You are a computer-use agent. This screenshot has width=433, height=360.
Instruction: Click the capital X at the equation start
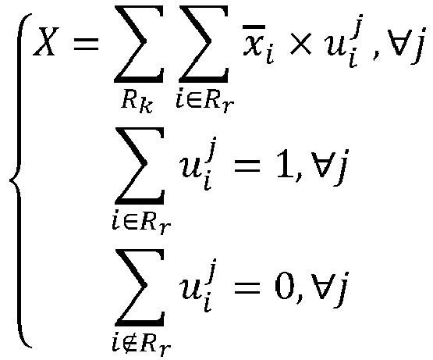(46, 41)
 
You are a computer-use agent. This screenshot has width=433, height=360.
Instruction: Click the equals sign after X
(86, 45)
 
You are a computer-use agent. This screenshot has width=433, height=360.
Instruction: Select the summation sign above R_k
(139, 44)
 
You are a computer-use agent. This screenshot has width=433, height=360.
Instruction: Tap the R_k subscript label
(137, 102)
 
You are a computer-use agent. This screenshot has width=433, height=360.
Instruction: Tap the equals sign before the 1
(247, 167)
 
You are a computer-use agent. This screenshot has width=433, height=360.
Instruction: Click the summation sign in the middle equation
(140, 166)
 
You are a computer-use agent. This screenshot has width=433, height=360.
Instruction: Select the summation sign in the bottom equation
(140, 287)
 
